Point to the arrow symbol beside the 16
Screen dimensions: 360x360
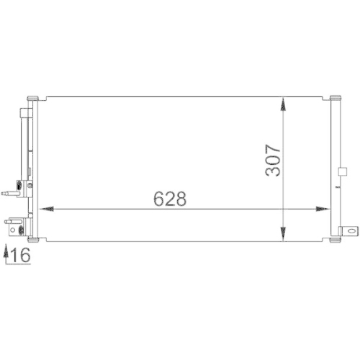click(x=6, y=254)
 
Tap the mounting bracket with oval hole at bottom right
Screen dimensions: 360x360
click(x=350, y=232)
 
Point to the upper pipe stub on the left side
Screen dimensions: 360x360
click(x=12, y=192)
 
